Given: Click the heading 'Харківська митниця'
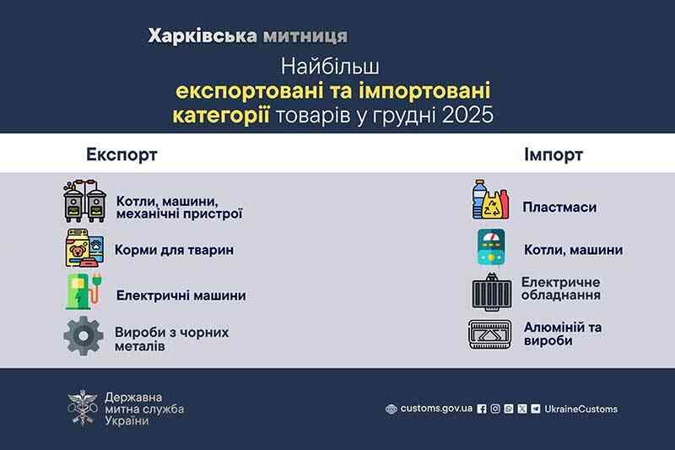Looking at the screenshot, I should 246,36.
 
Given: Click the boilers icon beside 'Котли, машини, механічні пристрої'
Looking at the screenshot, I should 84,202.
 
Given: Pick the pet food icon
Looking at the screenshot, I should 85,249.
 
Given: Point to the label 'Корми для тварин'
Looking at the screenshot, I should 175,250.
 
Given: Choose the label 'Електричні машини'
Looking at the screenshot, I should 181,295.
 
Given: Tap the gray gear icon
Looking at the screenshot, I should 84,337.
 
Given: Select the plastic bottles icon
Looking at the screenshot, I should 491,200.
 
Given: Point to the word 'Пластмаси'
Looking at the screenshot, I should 559,207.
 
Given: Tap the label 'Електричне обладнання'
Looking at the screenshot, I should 560,289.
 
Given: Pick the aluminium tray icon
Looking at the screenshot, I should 490,334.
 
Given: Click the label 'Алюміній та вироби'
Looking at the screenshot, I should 563,333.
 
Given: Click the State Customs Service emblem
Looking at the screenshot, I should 82,408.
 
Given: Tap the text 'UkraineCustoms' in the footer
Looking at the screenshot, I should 580,409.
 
